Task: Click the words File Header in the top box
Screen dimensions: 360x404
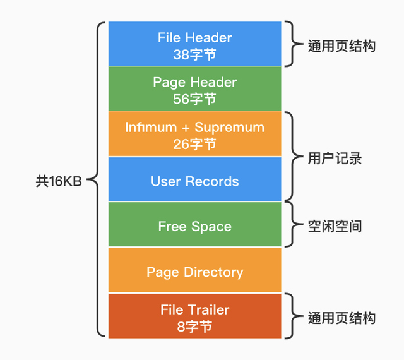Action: (x=194, y=37)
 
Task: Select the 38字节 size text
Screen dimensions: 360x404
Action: (x=194, y=54)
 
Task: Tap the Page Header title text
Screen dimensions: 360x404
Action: (x=194, y=82)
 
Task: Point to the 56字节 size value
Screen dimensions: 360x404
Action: (x=194, y=99)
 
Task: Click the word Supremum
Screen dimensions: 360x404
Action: (x=229, y=127)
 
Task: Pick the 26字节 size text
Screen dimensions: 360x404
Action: (x=194, y=144)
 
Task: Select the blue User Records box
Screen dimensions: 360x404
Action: (x=194, y=181)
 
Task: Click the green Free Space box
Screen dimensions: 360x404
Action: (x=194, y=226)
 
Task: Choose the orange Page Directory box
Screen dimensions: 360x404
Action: (x=194, y=272)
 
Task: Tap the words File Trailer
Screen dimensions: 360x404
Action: (x=194, y=309)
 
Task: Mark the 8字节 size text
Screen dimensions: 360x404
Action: (x=194, y=327)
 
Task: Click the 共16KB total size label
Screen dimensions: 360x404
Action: (x=59, y=181)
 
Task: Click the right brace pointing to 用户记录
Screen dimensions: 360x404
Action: (x=290, y=157)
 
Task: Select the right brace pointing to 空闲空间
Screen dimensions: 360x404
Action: (x=290, y=225)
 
